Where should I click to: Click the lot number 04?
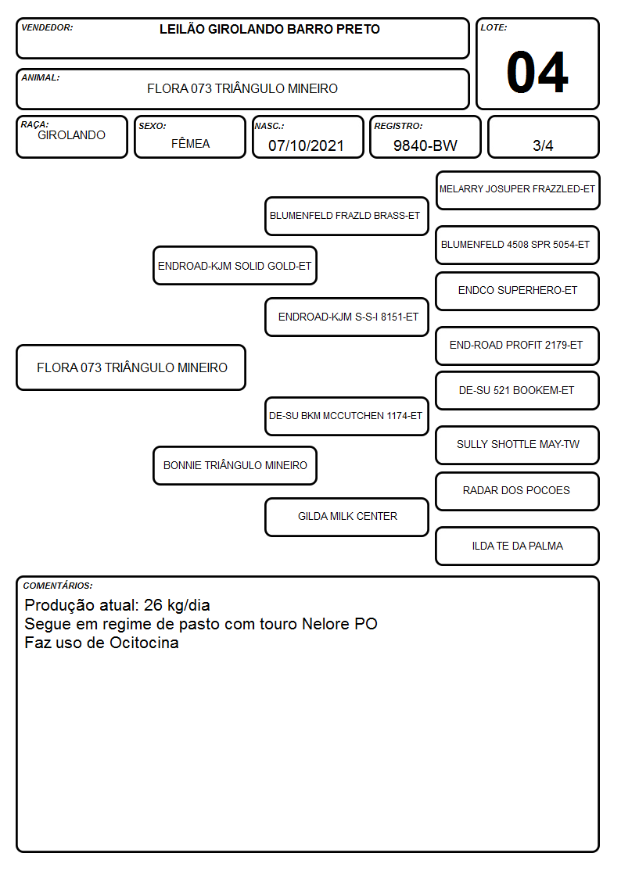pyautogui.click(x=537, y=72)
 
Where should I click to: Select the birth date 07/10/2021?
pyautogui.click(x=306, y=145)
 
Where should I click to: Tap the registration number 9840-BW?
pyautogui.click(x=425, y=145)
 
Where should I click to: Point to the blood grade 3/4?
pyautogui.click(x=543, y=145)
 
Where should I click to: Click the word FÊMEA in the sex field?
pyautogui.click(x=190, y=143)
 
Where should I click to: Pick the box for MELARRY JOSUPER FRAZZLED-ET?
pyautogui.click(x=518, y=191)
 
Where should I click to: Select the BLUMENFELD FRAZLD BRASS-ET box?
pyautogui.click(x=346, y=216)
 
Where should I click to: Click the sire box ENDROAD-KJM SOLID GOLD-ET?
pyautogui.click(x=235, y=265)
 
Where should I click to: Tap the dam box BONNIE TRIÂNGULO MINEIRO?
pyautogui.click(x=235, y=465)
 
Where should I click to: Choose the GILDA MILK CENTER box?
pyautogui.click(x=346, y=517)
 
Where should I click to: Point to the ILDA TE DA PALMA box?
pyautogui.click(x=518, y=546)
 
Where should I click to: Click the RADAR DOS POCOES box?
pyautogui.click(x=518, y=491)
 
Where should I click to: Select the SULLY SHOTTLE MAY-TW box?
pyautogui.click(x=518, y=445)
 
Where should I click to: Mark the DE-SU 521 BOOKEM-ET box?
pyautogui.click(x=518, y=390)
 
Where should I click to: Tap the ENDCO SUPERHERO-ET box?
pyautogui.click(x=518, y=291)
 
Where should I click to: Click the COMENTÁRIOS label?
pyautogui.click(x=58, y=586)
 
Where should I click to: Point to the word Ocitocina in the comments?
pyautogui.click(x=144, y=643)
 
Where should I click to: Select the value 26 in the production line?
pyautogui.click(x=153, y=605)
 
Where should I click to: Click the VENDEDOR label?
pyautogui.click(x=47, y=27)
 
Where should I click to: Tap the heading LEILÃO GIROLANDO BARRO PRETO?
pyautogui.click(x=269, y=29)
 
